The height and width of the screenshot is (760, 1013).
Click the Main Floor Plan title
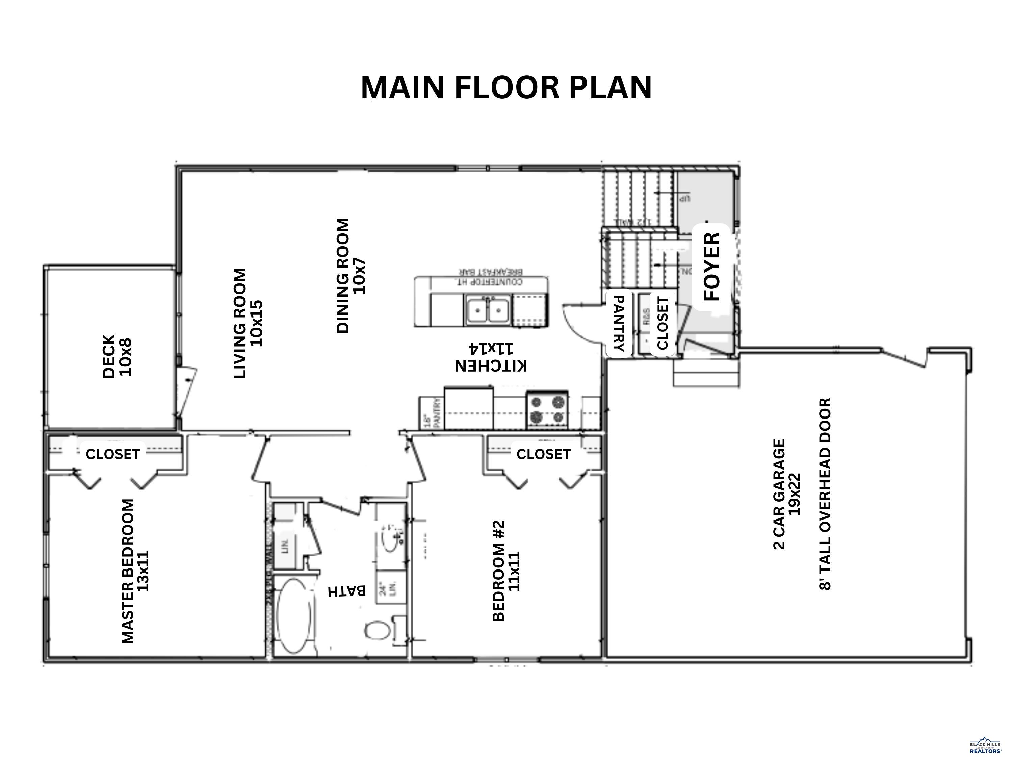coord(506,87)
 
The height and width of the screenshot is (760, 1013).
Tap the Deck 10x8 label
coord(117,356)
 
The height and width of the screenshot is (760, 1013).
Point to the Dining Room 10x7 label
coord(351,275)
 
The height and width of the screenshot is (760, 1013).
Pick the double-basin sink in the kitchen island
coord(488,310)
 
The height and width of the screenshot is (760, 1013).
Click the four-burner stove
coord(547,409)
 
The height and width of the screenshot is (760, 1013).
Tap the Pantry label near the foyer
coord(618,323)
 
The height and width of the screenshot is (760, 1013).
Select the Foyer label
coord(712,267)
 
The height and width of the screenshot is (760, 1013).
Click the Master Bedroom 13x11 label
coord(135,571)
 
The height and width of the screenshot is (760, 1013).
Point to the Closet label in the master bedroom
coord(113,454)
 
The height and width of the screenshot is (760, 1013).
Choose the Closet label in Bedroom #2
coord(543,454)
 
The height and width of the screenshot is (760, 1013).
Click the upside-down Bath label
coord(347,591)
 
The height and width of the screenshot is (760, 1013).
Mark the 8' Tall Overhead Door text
coord(824,494)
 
